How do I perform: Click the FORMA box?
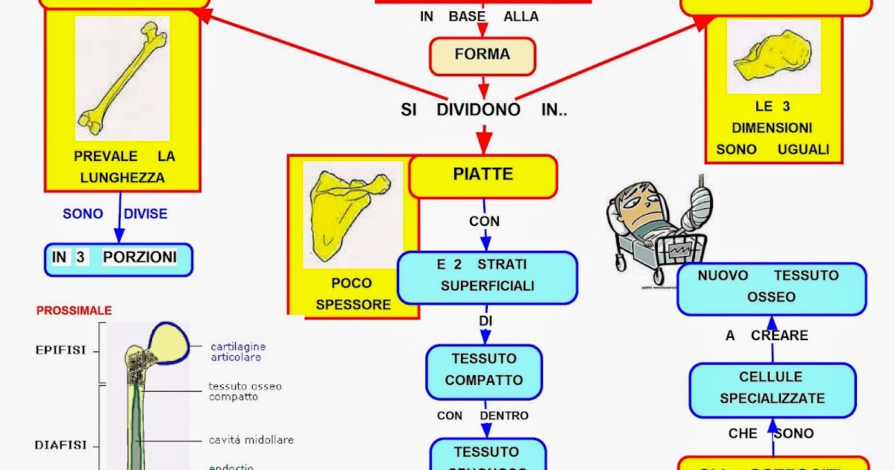[483, 55]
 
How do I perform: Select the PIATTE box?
[483, 175]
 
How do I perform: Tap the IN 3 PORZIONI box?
[118, 258]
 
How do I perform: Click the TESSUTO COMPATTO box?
[483, 371]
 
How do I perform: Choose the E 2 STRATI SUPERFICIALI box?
[487, 276]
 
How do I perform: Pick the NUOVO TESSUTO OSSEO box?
[771, 286]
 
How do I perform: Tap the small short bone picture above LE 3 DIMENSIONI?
[773, 57]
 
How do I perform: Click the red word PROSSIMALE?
[74, 310]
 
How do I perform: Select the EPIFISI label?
[61, 350]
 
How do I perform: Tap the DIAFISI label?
[61, 445]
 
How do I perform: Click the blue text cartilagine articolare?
[238, 351]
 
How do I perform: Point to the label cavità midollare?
[251, 440]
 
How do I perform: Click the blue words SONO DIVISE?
[115, 214]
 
